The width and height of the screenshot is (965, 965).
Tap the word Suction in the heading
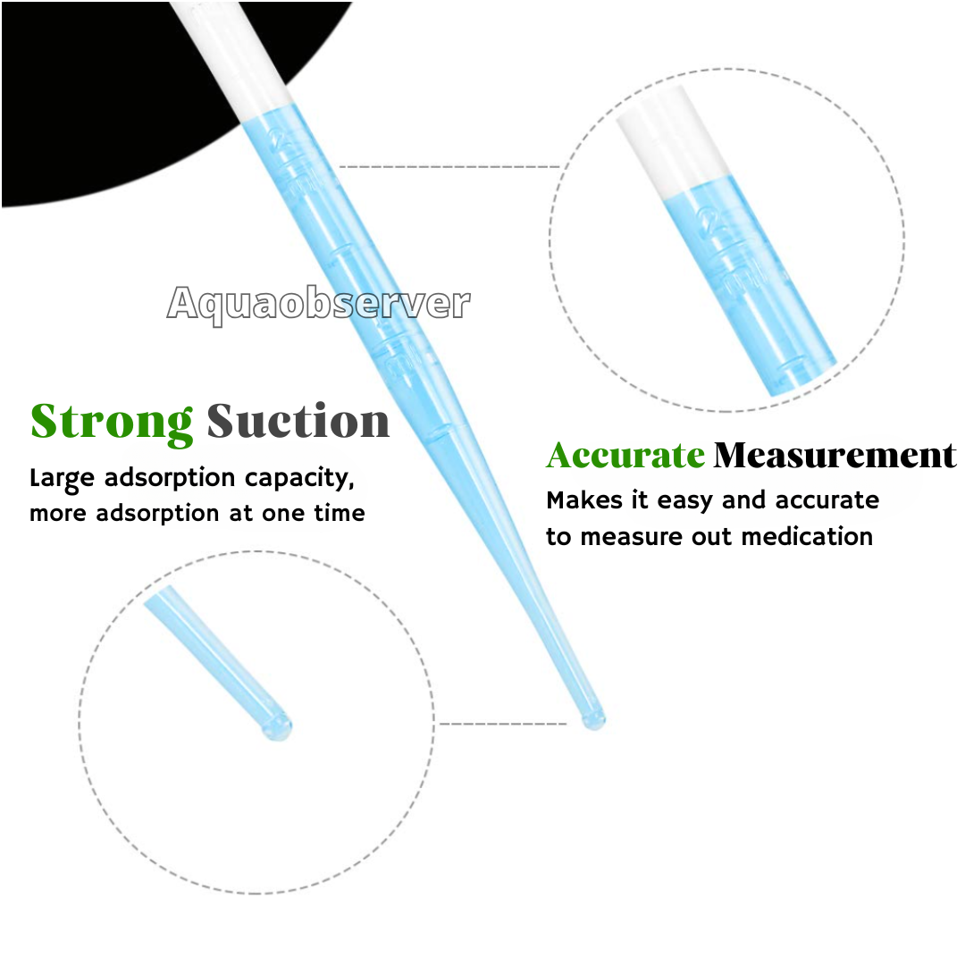298,422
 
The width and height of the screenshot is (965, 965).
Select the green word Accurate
625,456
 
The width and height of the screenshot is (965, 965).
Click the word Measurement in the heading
835,456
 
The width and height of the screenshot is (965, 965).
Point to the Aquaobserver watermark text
319,304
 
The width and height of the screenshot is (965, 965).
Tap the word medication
807,537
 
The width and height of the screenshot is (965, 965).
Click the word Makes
584,500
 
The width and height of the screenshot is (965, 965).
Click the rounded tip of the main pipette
594,720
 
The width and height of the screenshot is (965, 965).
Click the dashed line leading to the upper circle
449,167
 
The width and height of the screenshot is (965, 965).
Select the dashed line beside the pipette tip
503,724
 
